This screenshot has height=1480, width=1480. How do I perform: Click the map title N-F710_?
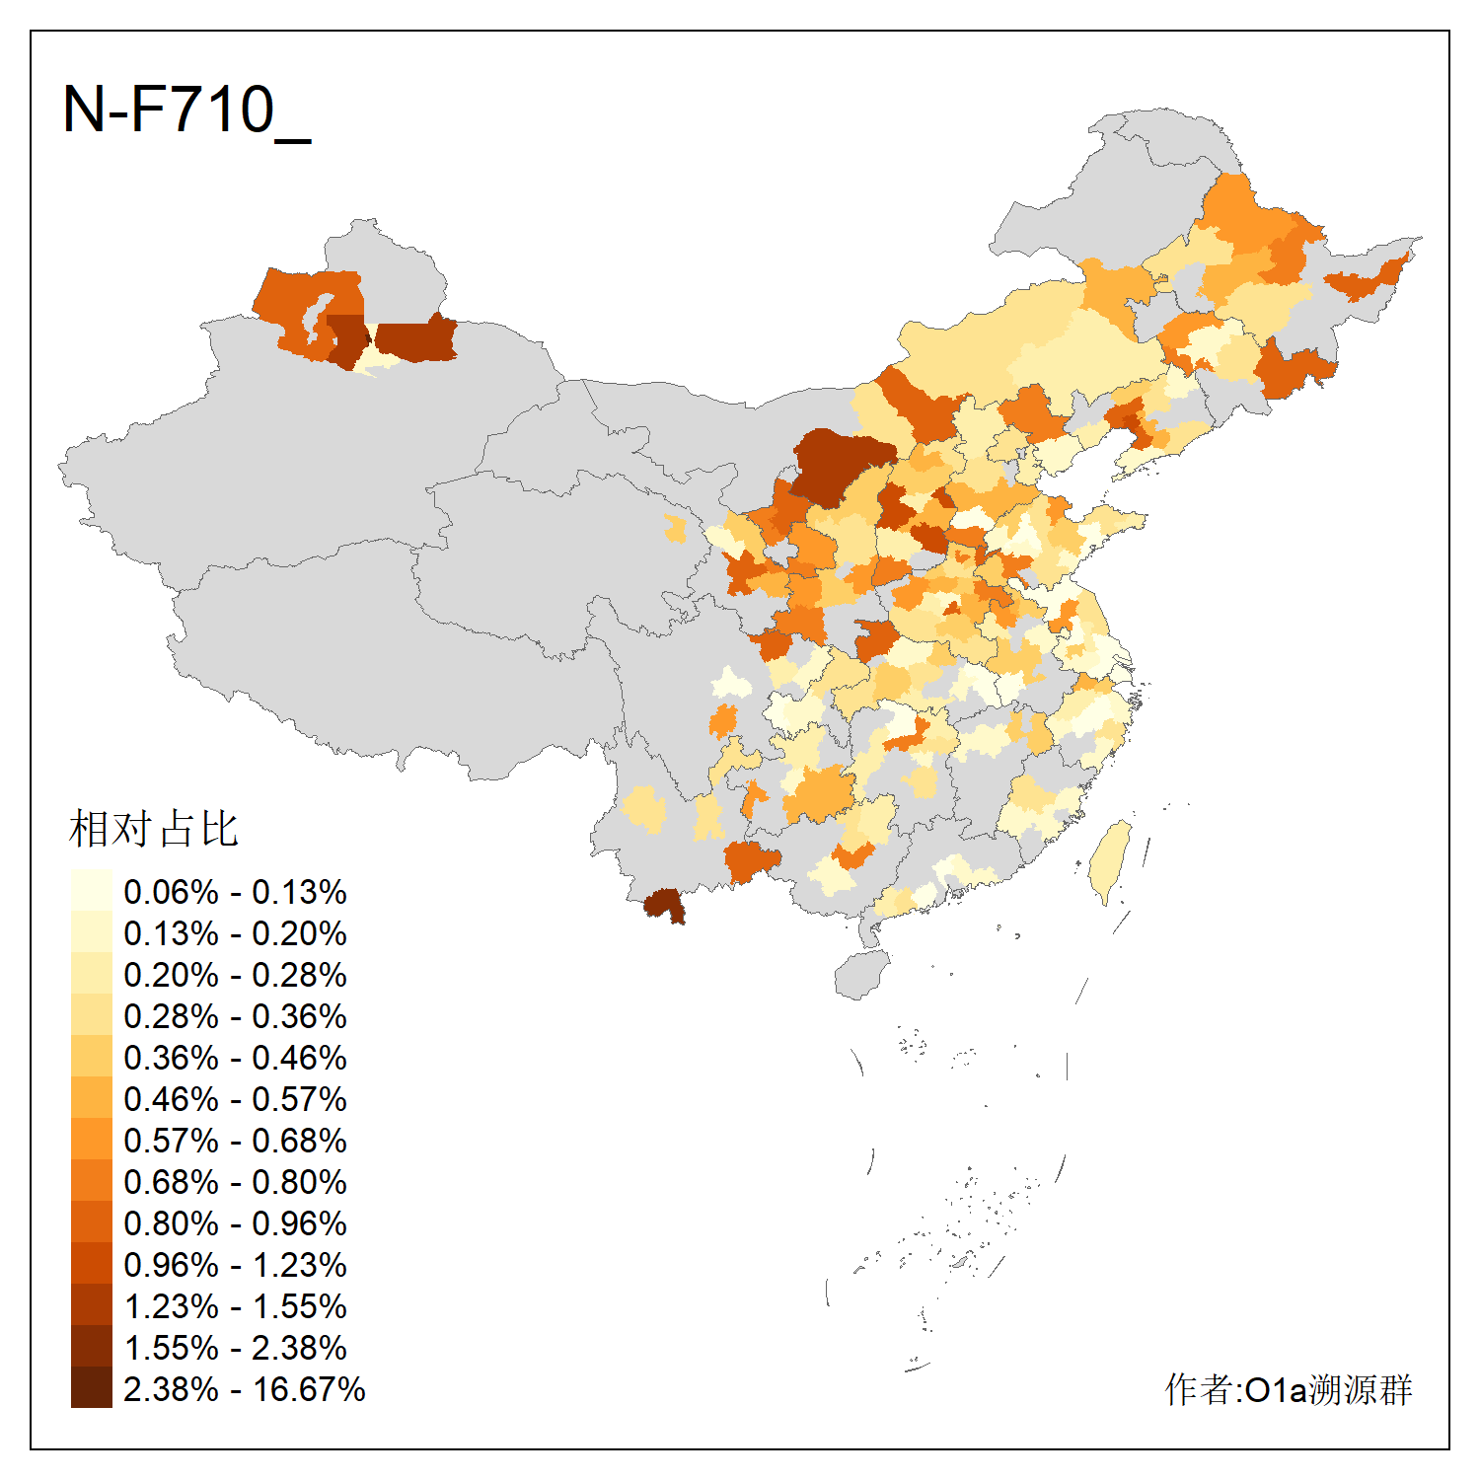tap(186, 110)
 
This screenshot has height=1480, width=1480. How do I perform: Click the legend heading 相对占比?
tap(154, 829)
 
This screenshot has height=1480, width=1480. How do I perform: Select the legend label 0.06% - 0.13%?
tap(235, 892)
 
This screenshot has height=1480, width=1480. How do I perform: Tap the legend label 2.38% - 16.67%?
tap(244, 1389)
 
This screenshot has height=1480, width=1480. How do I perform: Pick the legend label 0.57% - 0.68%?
tap(235, 1141)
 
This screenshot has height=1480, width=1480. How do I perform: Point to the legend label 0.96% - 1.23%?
tap(235, 1265)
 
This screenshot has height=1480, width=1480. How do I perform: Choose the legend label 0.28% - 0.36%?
tap(235, 1016)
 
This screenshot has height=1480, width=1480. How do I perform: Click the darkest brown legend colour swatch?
tap(91, 1388)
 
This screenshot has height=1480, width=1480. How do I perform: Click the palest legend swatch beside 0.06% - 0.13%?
tap(91, 890)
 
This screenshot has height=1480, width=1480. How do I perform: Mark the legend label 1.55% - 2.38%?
tap(235, 1348)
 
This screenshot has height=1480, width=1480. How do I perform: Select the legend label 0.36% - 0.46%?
tap(235, 1058)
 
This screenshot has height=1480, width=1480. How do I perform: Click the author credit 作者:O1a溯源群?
tap(1288, 1389)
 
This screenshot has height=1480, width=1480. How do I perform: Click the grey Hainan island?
tap(861, 975)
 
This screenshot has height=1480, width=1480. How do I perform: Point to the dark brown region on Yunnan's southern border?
tap(664, 904)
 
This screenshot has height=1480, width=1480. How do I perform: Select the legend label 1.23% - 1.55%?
tap(235, 1306)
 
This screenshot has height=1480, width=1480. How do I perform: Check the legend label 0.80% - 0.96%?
tap(235, 1223)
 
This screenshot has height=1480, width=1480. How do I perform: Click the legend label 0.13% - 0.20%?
tap(235, 933)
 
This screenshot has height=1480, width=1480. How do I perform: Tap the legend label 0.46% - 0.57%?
tap(235, 1099)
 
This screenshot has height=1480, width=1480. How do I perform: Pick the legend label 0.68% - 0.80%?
tap(235, 1182)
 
